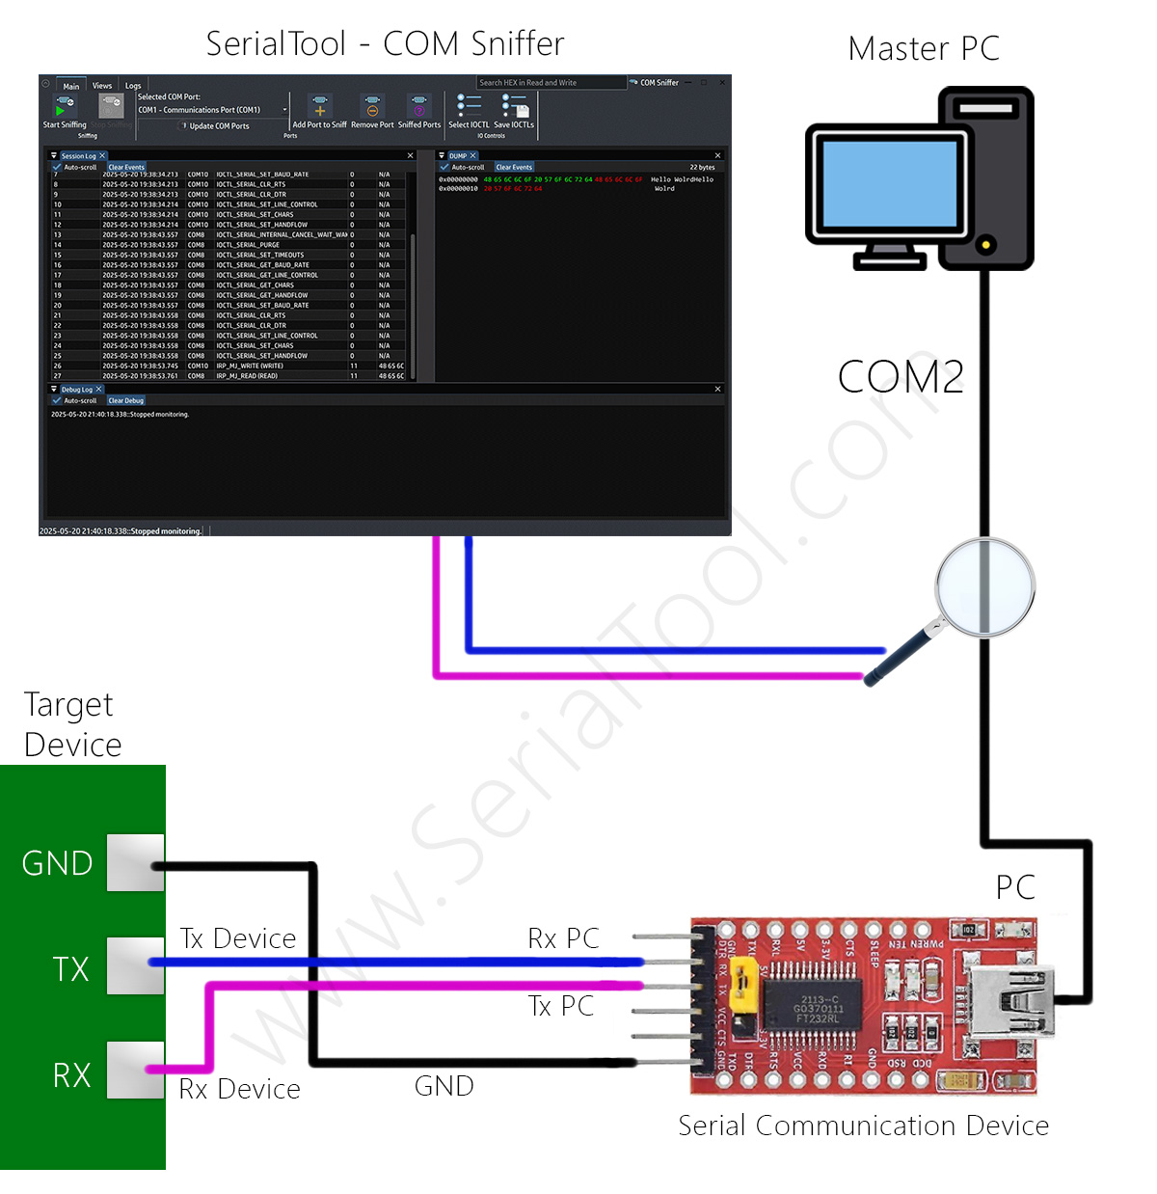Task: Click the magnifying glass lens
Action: (x=984, y=586)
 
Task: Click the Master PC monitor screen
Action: (x=889, y=182)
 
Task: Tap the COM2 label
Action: (x=901, y=376)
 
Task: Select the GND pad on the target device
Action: (x=135, y=862)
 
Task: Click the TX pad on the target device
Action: (x=135, y=965)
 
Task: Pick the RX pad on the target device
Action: (x=135, y=1070)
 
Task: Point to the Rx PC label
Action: (x=563, y=938)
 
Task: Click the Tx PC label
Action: (x=561, y=1006)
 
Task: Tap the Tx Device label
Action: (x=238, y=938)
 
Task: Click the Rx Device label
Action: (x=240, y=1089)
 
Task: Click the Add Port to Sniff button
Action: (x=319, y=112)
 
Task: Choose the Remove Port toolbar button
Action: (x=372, y=112)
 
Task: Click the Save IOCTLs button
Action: (x=514, y=112)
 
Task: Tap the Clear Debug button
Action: (x=125, y=400)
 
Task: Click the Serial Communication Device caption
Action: (x=863, y=1126)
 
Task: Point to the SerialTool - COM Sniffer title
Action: (x=385, y=44)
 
